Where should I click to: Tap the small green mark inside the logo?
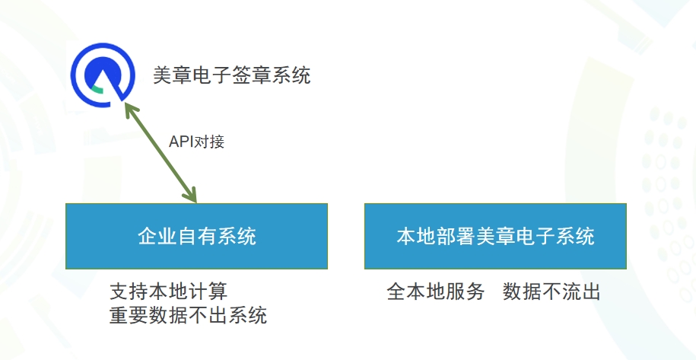[x=98, y=91]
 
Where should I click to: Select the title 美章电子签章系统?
[x=232, y=75]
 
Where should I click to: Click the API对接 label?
[x=197, y=142]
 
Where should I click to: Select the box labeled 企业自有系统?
[x=197, y=236]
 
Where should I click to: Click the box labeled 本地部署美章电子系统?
[x=495, y=236]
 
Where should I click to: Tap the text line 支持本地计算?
[x=168, y=292]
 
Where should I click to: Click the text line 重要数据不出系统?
[x=188, y=316]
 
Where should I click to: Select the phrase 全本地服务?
[x=435, y=292]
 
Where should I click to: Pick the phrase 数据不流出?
[x=551, y=292]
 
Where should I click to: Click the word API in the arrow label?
[x=179, y=142]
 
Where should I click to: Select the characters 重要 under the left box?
[x=129, y=316]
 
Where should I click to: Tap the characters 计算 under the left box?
[x=208, y=292]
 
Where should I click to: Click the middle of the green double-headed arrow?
[x=160, y=152]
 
